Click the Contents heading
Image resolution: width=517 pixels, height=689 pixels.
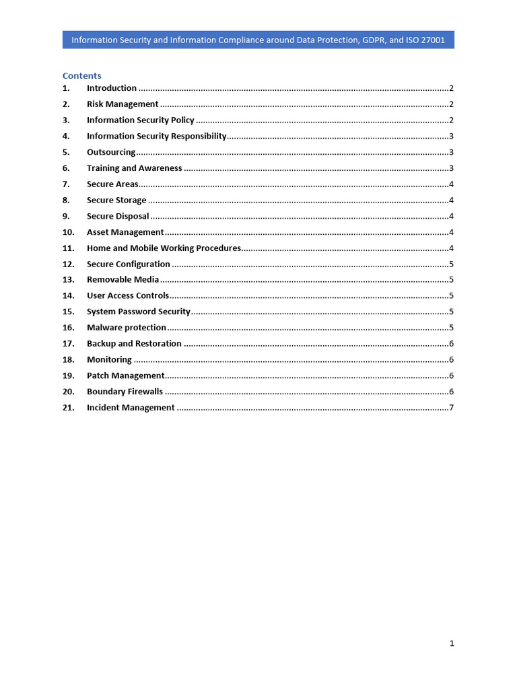(x=81, y=75)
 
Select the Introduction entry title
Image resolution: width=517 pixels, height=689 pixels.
(x=112, y=88)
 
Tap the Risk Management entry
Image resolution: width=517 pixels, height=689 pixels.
(x=123, y=104)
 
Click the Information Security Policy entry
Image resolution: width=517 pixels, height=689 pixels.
(x=140, y=120)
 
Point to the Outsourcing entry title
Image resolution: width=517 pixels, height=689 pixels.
(x=111, y=152)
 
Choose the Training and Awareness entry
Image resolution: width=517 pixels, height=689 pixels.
(x=134, y=168)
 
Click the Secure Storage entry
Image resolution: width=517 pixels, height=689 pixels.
(x=116, y=201)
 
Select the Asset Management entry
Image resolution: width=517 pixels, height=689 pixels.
(x=125, y=232)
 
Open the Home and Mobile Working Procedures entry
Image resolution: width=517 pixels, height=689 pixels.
(x=164, y=248)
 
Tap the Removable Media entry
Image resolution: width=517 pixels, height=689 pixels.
(x=123, y=280)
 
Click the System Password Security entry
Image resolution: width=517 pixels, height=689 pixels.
(x=139, y=312)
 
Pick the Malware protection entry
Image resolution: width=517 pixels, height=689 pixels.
(x=127, y=328)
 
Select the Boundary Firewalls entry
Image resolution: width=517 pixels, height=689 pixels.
(x=125, y=392)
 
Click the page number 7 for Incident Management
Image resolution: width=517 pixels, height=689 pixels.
(x=451, y=408)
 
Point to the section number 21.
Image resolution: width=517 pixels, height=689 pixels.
(x=68, y=408)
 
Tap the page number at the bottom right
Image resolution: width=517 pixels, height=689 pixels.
(x=452, y=643)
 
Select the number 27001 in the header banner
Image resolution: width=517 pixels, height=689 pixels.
(x=431, y=40)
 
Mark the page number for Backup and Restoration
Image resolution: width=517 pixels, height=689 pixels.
(x=451, y=344)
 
